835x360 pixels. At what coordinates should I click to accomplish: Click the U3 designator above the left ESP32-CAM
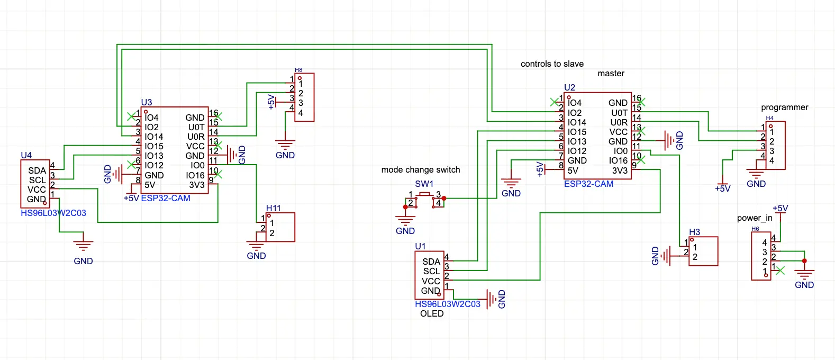(146, 102)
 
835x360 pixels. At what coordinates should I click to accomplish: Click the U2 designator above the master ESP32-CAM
(569, 87)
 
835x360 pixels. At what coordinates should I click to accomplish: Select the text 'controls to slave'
(552, 64)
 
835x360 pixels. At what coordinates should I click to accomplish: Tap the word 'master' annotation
(611, 74)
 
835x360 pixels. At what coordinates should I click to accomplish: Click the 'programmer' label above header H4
(784, 107)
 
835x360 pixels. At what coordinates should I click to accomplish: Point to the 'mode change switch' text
(421, 170)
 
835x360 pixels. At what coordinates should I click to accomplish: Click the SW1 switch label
(424, 184)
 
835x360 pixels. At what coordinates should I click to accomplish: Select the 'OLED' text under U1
(432, 313)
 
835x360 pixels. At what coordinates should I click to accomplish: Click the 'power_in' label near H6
(755, 218)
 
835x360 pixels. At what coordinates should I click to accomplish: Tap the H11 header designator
(273, 208)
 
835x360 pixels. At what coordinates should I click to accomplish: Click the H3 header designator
(694, 232)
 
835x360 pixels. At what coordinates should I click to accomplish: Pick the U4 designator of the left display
(26, 155)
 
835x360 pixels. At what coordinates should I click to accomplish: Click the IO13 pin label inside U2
(577, 141)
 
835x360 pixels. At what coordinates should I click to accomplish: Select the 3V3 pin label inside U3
(196, 185)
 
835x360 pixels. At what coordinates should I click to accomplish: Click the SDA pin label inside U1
(431, 262)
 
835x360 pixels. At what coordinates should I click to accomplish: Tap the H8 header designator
(298, 70)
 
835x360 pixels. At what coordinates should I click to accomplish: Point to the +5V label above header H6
(780, 208)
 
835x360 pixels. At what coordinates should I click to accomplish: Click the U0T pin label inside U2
(619, 113)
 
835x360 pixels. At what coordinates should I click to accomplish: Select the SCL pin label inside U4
(37, 180)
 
